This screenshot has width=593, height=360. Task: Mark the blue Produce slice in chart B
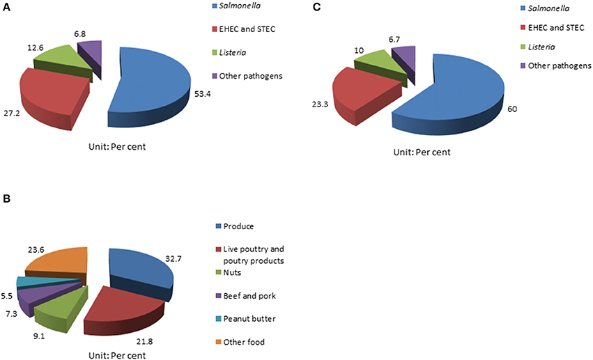click(139, 268)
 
